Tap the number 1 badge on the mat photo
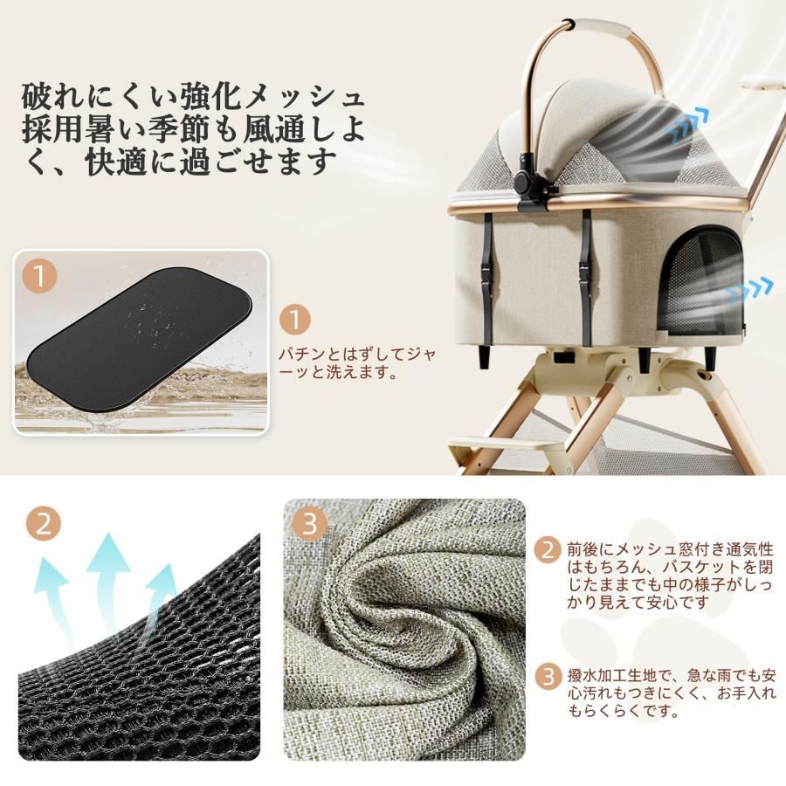tap(40, 278)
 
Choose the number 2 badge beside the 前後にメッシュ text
tap(548, 550)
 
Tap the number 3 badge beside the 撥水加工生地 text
tap(548, 675)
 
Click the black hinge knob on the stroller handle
tap(526, 182)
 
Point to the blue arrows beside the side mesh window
tap(749, 289)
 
